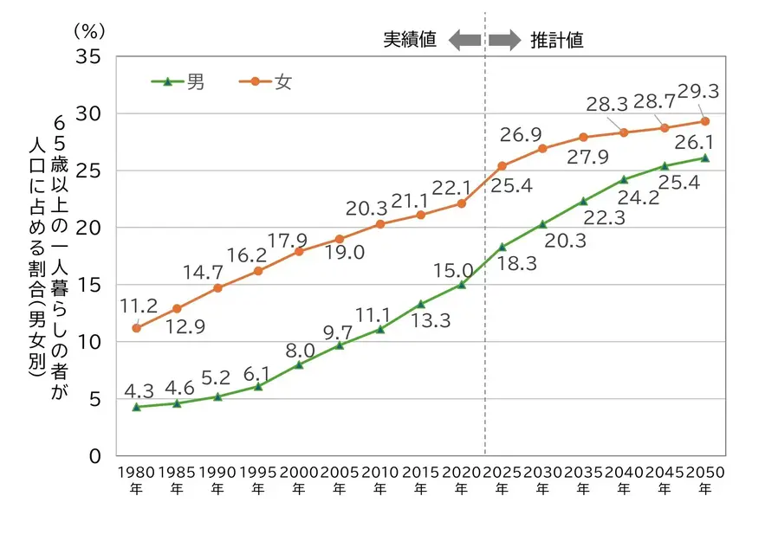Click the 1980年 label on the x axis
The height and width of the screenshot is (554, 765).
coord(136,480)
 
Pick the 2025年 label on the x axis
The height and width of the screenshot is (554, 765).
coord(502,480)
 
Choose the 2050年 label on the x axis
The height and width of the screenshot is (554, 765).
coord(704,480)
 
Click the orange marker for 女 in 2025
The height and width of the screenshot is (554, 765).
coord(502,165)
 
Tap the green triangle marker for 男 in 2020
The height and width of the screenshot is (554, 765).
coord(461,284)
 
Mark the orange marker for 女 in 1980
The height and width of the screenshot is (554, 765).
coord(136,328)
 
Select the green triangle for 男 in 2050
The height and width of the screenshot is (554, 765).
coord(704,158)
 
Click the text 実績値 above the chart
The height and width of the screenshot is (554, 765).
coord(411,40)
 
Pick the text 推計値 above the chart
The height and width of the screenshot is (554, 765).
coord(556,40)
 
